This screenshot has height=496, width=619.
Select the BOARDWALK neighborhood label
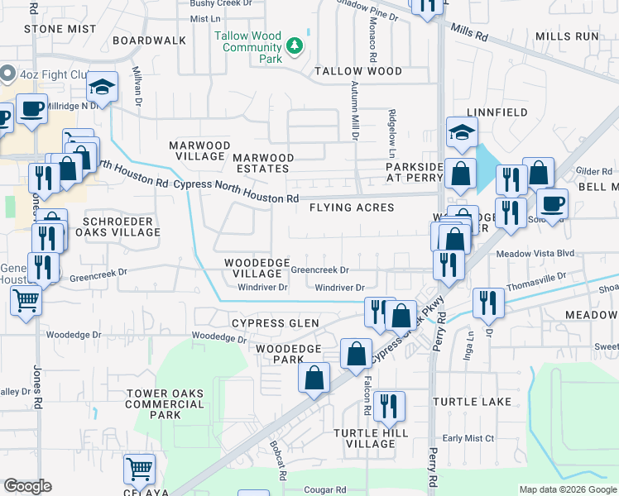[x=149, y=40]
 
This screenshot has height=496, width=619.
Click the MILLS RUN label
[x=567, y=36]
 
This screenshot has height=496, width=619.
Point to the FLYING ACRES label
[x=352, y=207]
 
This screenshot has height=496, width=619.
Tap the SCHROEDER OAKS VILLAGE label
[x=117, y=227]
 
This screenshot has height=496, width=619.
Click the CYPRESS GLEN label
[x=275, y=323]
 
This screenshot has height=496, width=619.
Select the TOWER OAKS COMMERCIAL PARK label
[x=165, y=404]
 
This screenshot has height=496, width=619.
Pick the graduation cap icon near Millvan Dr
[x=103, y=86]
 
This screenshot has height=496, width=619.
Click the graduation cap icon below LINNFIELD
[x=462, y=131]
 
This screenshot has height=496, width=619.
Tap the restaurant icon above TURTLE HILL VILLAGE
[x=387, y=406]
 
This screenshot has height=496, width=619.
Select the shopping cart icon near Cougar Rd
[x=139, y=469]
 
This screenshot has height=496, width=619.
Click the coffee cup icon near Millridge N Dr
[x=31, y=109]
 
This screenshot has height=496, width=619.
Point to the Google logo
[x=27, y=486]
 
